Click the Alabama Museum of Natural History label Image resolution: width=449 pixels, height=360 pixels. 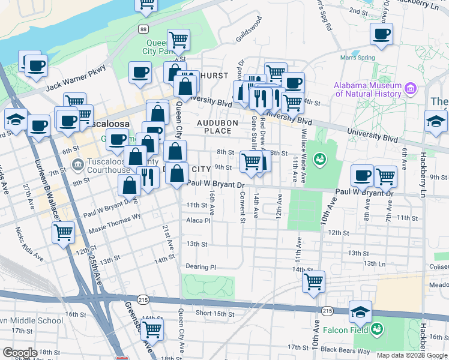point(367,89)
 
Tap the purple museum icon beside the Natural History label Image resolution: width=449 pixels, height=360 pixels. point(411,89)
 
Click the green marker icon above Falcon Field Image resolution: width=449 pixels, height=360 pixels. point(376,328)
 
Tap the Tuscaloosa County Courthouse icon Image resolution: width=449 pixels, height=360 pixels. point(77,164)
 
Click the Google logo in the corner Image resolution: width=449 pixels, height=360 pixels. point(20,352)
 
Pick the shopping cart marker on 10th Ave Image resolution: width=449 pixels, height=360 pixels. point(313,281)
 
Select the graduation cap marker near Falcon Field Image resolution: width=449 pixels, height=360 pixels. point(360,311)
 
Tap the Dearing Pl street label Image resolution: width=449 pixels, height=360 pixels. point(200,267)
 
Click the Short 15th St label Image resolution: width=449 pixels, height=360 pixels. point(215,313)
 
